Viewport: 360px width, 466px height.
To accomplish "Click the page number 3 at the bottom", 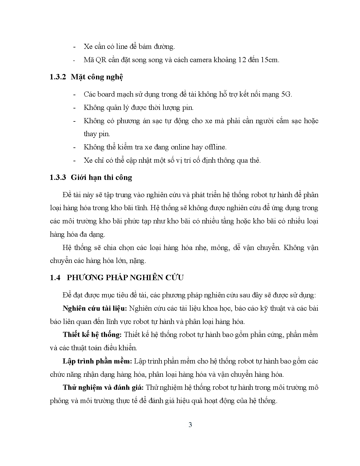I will point(190,424).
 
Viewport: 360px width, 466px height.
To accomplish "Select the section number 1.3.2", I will point(58,77).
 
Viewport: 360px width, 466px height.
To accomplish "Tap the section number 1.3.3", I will point(58,177).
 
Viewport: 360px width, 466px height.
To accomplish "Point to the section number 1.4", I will point(55,278).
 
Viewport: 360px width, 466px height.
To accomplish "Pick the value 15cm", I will point(269,60).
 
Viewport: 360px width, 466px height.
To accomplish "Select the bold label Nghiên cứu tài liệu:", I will point(95,308).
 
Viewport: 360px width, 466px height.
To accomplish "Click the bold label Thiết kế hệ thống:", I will point(92,335).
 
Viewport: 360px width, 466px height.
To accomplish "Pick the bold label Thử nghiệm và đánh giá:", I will point(103,387).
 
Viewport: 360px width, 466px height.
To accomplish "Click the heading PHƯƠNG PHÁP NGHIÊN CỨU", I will point(125,278).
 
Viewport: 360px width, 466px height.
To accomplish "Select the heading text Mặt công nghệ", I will point(97,77).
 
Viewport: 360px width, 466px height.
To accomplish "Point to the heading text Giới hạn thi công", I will point(101,177).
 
